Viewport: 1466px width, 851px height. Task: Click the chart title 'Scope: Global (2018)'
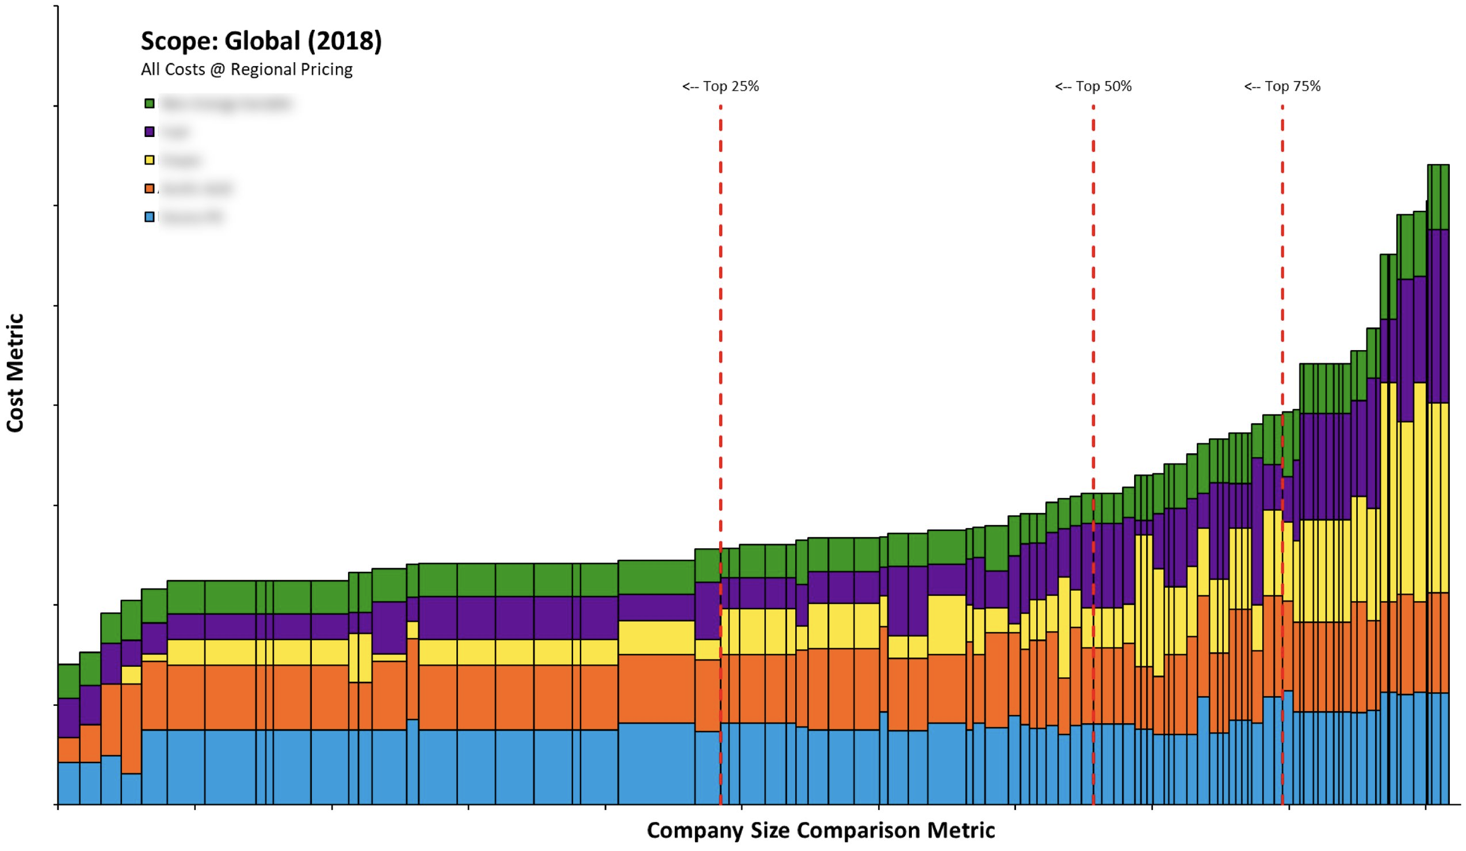click(x=261, y=41)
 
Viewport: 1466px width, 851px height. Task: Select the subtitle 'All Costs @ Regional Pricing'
click(x=247, y=69)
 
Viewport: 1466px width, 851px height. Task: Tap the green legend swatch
click(x=150, y=104)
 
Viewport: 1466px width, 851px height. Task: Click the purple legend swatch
click(x=150, y=132)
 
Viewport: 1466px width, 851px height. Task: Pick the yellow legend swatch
click(x=150, y=160)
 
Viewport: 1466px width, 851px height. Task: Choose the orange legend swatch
click(x=150, y=189)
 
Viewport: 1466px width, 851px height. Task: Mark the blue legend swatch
click(x=150, y=217)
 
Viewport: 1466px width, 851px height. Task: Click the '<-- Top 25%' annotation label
click(x=720, y=86)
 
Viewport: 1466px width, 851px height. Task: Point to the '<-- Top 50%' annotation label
click(x=1093, y=86)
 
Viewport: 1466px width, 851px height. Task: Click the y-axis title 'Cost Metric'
click(x=15, y=373)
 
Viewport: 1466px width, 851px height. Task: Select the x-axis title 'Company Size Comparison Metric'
click(x=820, y=830)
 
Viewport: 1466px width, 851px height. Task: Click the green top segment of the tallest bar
click(x=1438, y=197)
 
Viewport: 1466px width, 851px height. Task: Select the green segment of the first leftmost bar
click(x=68, y=681)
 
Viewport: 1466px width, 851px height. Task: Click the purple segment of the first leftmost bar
click(x=68, y=717)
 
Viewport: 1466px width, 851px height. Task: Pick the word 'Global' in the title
click(x=262, y=41)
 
